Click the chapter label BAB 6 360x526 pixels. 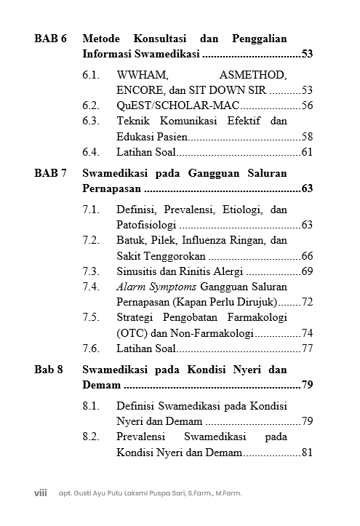point(50,38)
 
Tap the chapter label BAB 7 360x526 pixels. point(50,173)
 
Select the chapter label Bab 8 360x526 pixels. point(49,369)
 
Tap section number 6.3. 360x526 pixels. point(91,121)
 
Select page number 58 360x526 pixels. point(307,137)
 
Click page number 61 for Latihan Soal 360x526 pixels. point(307,152)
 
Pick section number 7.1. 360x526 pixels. point(91,210)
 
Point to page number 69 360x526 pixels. point(307,271)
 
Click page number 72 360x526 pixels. point(307,302)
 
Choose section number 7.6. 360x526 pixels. point(91,348)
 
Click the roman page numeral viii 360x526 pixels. point(41,493)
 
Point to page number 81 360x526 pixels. point(307,453)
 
